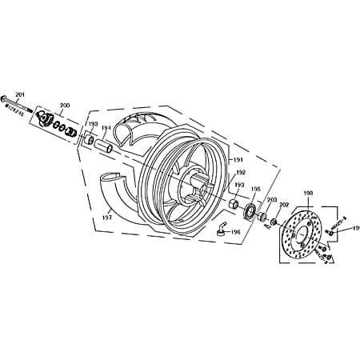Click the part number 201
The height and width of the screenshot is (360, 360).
point(20,94)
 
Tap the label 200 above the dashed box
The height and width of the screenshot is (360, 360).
point(65,105)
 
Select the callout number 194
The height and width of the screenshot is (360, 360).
point(106,128)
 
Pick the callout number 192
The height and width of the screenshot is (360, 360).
point(240,172)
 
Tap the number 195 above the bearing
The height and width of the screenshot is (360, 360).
point(256,190)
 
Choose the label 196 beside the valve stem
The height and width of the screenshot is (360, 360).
point(234,232)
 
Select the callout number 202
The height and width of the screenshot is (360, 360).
point(284,205)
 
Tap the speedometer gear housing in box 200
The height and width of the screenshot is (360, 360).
point(55,120)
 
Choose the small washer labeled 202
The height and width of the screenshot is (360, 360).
point(274,222)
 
